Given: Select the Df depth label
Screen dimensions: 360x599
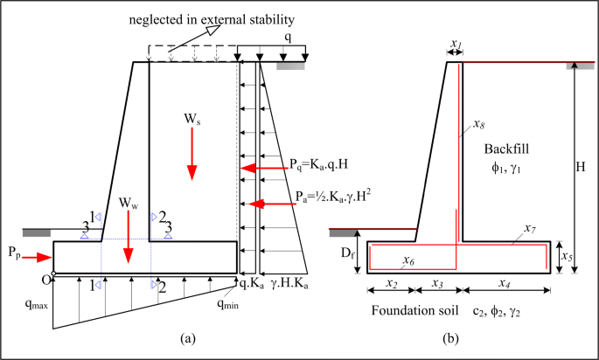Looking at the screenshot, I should point(347,255).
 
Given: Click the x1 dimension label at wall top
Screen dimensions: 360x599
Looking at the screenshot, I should point(454,43).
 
